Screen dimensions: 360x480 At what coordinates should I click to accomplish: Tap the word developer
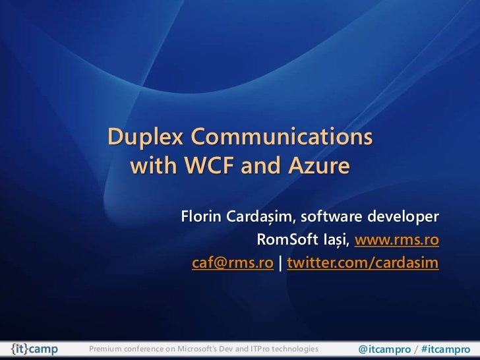tap(403, 217)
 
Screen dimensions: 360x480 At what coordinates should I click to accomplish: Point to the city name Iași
tap(332, 239)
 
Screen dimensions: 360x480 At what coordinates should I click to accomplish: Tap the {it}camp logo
tap(36, 347)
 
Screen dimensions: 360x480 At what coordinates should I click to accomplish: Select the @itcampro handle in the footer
tap(384, 347)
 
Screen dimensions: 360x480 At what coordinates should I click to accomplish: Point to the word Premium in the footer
tap(106, 347)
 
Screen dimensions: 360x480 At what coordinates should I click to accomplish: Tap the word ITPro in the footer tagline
tap(259, 347)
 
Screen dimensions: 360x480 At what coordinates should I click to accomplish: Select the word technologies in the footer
tap(296, 347)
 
